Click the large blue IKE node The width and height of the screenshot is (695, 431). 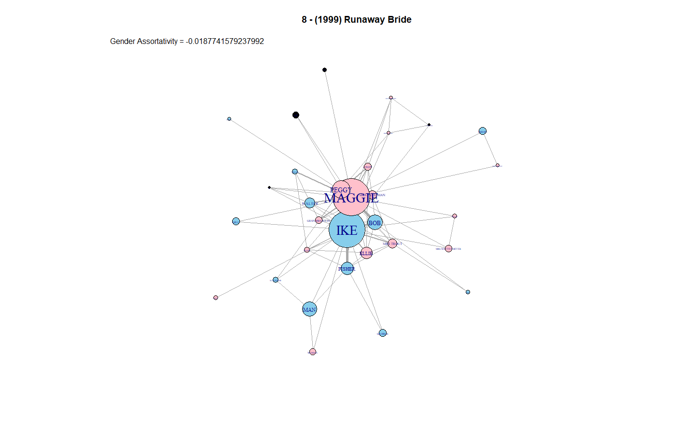347,230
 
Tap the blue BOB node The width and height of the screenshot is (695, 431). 375,222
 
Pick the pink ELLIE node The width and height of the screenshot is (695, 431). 366,253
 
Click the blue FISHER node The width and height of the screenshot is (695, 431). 347,269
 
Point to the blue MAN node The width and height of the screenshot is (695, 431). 309,309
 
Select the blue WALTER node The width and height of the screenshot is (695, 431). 310,203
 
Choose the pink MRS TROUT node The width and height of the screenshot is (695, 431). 392,244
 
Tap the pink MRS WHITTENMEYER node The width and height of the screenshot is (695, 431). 448,249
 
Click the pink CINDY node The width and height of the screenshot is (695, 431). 368,167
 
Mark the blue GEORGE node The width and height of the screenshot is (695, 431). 383,333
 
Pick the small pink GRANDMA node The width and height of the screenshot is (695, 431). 319,220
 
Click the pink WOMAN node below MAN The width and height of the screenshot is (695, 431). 312,352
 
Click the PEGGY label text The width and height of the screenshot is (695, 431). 340,189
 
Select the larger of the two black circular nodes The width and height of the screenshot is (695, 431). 296,115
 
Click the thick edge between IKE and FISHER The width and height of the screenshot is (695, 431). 347,255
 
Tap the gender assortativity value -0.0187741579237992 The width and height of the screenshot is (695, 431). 225,42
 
